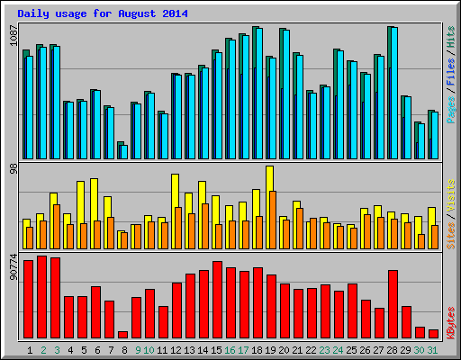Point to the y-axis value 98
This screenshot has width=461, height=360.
click(x=13, y=169)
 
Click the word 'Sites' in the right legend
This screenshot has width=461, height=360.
click(x=450, y=231)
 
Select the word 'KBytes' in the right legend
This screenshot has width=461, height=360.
click(x=450, y=320)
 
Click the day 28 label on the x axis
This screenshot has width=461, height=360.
click(x=393, y=349)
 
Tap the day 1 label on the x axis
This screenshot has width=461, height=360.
click(x=30, y=349)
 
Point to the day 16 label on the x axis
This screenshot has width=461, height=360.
click(x=230, y=349)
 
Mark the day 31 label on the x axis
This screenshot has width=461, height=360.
click(x=433, y=349)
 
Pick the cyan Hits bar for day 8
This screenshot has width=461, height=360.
click(x=124, y=151)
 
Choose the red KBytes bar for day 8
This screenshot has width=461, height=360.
click(x=122, y=334)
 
